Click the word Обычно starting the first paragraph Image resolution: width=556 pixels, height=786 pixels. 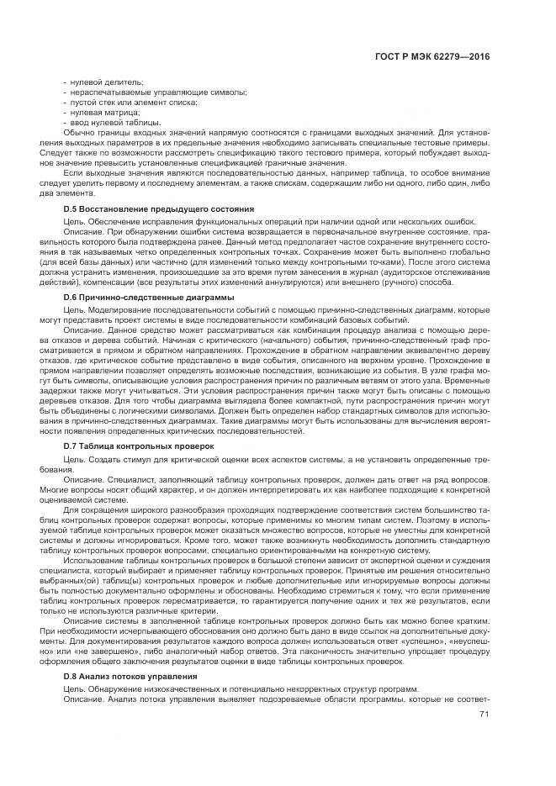[x=79, y=132]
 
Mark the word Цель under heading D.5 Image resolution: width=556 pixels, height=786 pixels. [x=73, y=219]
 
